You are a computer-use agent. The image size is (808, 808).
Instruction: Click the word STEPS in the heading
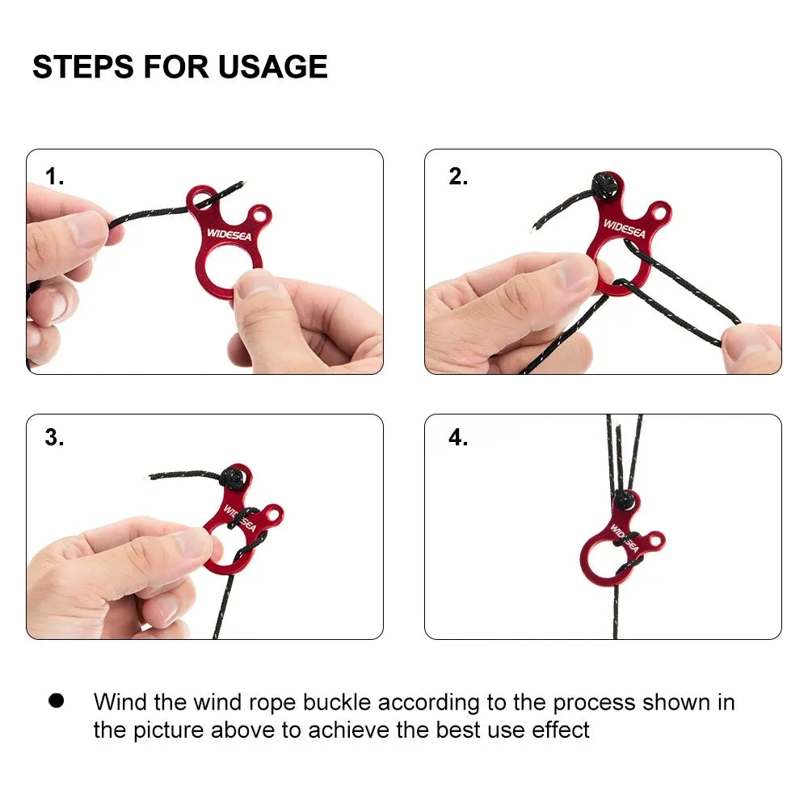[83, 66]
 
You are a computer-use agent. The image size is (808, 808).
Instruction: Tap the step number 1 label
[54, 176]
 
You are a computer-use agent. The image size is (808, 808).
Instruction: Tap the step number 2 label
[457, 176]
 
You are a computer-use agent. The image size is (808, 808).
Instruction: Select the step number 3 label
[54, 437]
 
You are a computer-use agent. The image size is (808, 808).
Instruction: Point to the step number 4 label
[458, 437]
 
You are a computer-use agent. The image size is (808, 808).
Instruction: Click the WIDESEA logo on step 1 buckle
[229, 234]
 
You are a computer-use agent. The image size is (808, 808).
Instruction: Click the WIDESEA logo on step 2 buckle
[624, 229]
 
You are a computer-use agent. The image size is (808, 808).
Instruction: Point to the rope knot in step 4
[624, 500]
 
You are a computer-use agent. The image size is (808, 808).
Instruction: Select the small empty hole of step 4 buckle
[655, 541]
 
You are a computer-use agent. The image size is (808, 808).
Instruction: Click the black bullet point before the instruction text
[57, 701]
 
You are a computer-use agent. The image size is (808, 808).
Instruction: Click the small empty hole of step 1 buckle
[260, 213]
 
